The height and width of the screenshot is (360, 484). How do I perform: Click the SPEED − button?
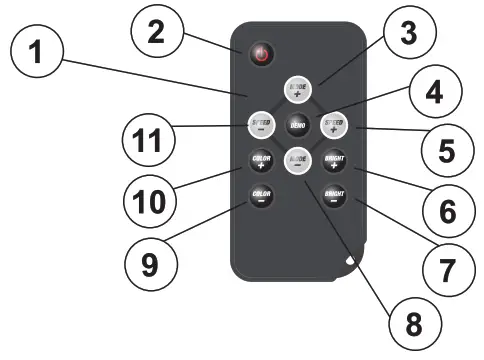260,124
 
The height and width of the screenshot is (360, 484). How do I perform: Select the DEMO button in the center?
297,125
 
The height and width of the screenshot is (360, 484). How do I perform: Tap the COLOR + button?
260,160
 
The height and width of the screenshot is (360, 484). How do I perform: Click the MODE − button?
297,160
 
